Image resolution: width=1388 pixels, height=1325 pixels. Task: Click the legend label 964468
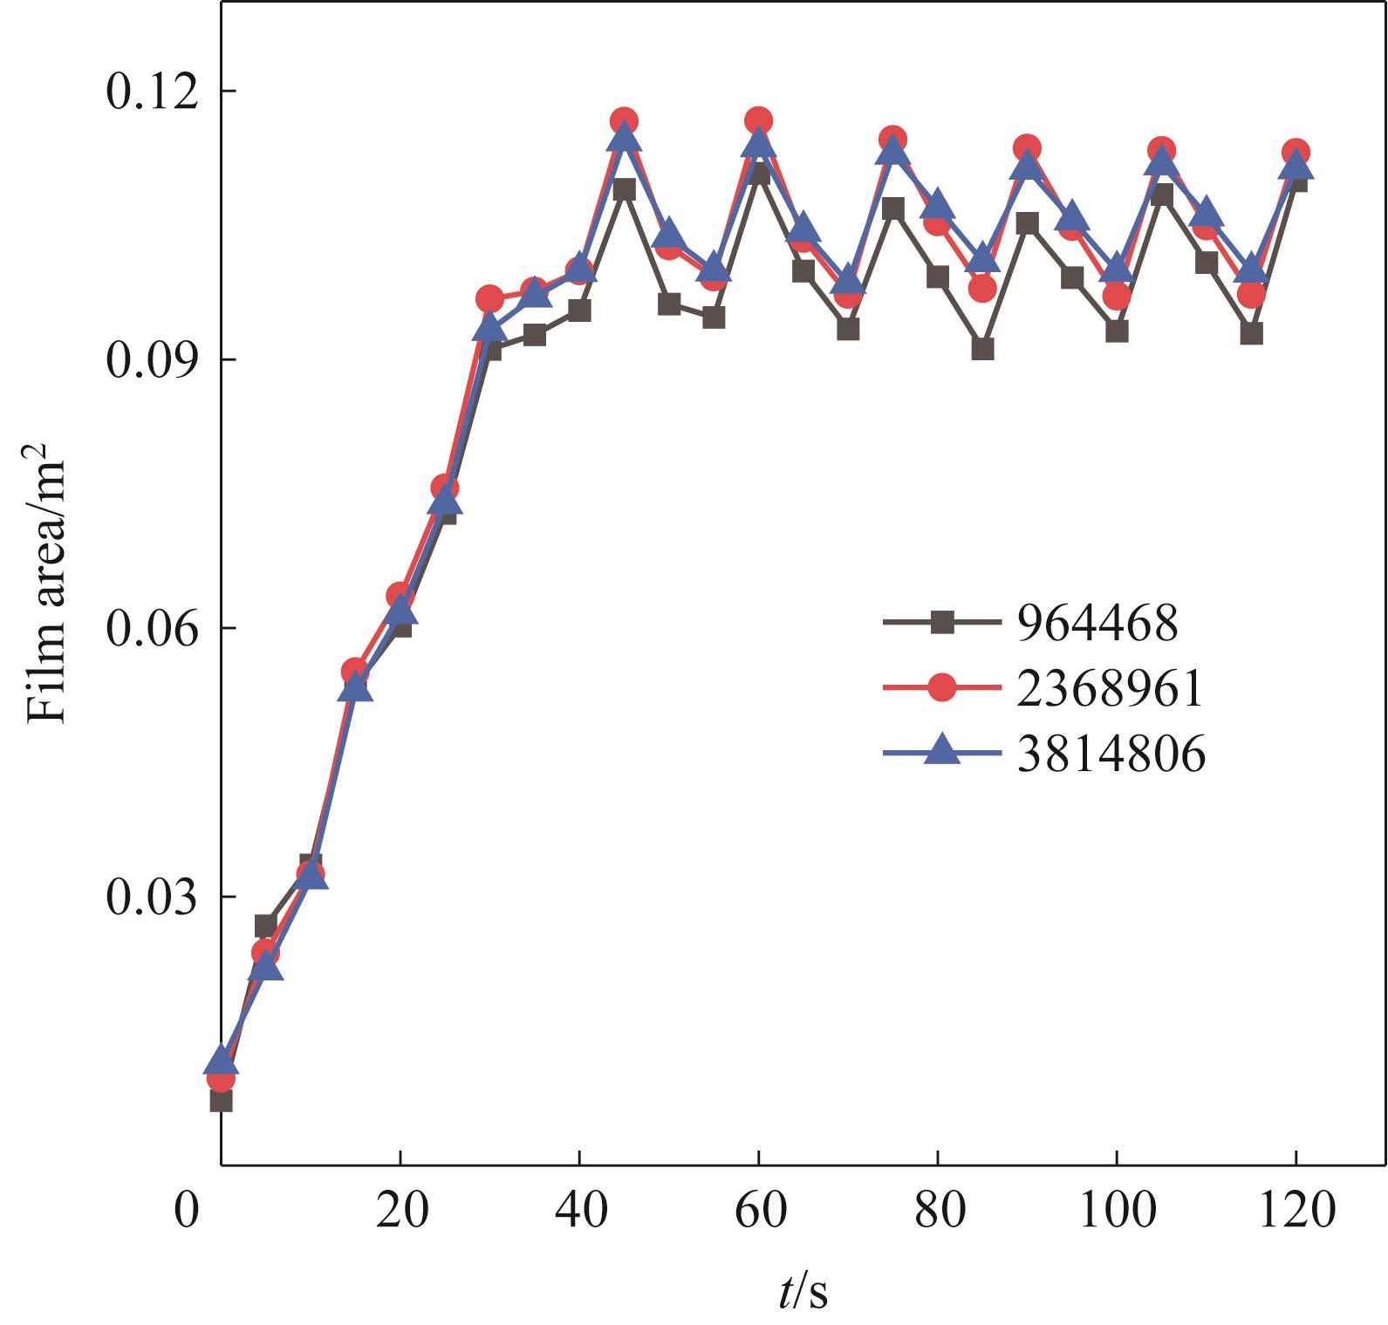click(1097, 623)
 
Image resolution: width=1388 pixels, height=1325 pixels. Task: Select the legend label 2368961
click(1110, 688)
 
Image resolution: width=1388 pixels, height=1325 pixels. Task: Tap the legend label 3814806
click(1111, 753)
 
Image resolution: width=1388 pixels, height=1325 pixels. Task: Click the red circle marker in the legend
click(941, 688)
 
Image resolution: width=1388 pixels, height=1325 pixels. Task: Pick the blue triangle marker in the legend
click(941, 750)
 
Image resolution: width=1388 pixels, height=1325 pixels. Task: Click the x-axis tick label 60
click(758, 1211)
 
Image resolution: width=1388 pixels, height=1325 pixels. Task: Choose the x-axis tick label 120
click(1296, 1211)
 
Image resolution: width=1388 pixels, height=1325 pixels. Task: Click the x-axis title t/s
click(803, 1292)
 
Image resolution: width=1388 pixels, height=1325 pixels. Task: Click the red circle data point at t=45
click(624, 121)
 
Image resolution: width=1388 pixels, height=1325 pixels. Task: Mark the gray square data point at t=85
click(982, 349)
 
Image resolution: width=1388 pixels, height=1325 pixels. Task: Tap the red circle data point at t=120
click(1296, 153)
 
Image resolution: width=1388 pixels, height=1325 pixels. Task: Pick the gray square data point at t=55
click(714, 318)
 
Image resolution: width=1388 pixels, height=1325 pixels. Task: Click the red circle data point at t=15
click(354, 671)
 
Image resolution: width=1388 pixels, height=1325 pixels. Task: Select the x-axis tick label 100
click(1117, 1211)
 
